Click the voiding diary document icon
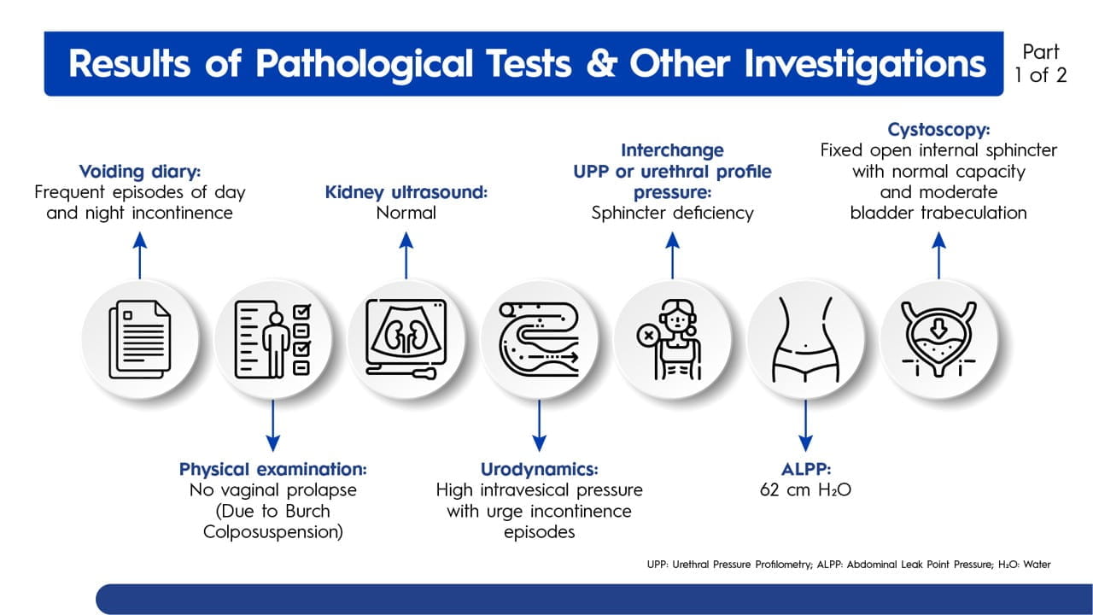point(140,339)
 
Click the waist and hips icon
point(805,339)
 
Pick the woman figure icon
point(672,339)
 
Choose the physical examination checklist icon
point(272,339)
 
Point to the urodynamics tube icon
point(539,339)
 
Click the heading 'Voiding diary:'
point(140,172)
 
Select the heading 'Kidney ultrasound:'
point(406,192)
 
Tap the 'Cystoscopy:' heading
point(938,129)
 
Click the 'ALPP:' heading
point(805,469)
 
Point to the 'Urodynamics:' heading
point(539,469)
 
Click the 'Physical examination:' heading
point(272,469)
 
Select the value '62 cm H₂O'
point(805,489)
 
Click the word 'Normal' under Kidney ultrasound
point(406,213)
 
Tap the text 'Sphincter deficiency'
point(672,213)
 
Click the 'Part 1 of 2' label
point(1040,63)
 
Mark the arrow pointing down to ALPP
point(805,425)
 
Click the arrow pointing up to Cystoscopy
point(938,255)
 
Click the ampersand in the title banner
point(602,63)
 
